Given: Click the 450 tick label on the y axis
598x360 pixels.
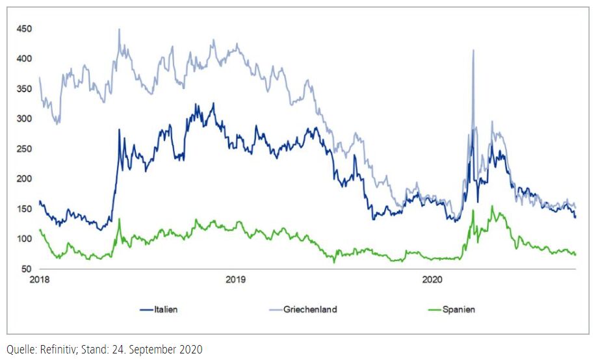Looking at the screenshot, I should [25, 29].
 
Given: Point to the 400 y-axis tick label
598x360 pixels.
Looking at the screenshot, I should [25, 59].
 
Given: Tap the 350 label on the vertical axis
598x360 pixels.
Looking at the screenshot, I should [25, 89].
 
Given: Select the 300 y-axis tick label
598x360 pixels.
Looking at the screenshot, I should [25, 119].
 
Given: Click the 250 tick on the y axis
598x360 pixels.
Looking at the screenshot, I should [25, 149].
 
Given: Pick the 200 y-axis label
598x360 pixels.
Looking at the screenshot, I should [25, 179].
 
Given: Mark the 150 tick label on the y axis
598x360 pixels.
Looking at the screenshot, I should [25, 209].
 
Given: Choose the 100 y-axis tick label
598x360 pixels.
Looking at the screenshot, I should [25, 238].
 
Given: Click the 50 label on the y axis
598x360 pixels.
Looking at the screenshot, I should [27, 268].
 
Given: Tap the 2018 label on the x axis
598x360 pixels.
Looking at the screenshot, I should [40, 280].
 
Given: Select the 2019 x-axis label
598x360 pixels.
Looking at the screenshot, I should [235, 280].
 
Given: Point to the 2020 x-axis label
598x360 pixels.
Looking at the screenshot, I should [432, 280].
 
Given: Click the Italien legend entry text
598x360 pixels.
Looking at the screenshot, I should [166, 310].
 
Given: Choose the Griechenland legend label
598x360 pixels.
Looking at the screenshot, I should [311, 310].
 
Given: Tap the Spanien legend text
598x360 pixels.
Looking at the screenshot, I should [458, 310].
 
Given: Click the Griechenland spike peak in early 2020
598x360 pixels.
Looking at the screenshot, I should [473, 50].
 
